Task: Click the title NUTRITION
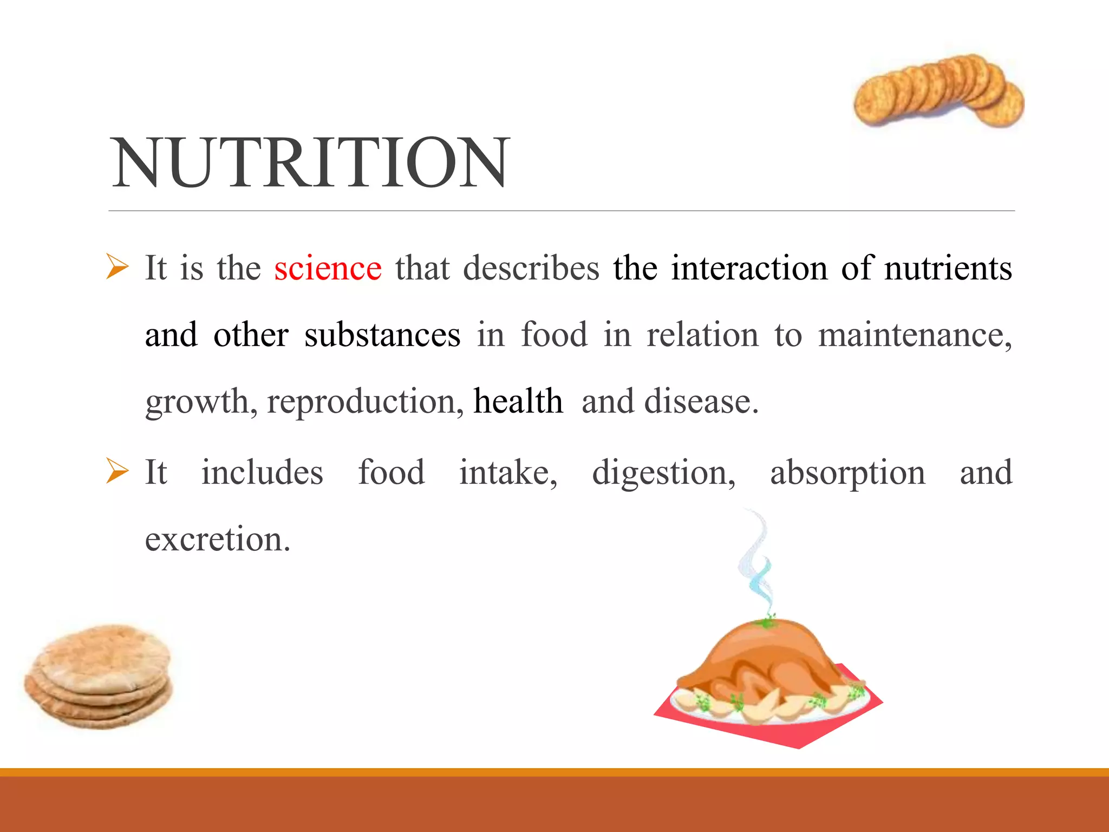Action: point(310,163)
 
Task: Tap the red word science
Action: point(328,268)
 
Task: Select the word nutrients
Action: point(948,268)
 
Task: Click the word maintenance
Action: point(914,335)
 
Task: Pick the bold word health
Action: point(518,401)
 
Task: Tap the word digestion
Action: point(663,473)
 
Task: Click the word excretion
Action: point(217,539)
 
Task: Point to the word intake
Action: point(507,473)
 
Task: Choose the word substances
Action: point(382,335)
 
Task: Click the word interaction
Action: point(749,268)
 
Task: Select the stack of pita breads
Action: point(99,677)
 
